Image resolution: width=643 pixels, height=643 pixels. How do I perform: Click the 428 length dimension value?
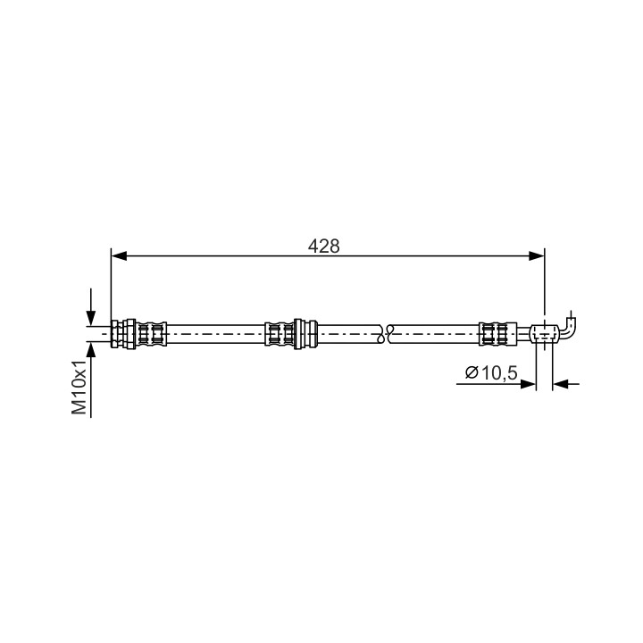click(323, 246)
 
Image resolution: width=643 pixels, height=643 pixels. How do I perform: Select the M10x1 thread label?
click(79, 388)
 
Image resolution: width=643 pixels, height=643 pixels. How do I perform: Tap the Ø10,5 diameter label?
click(491, 372)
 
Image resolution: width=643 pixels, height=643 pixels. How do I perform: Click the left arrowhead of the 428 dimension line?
click(120, 256)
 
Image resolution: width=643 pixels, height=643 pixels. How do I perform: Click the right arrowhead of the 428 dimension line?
click(537, 256)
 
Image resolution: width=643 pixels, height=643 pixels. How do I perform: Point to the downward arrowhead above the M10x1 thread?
click(90, 318)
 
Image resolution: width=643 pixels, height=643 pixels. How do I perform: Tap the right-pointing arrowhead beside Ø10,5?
click(528, 384)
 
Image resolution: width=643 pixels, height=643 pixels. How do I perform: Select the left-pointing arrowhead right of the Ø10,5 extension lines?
click(560, 384)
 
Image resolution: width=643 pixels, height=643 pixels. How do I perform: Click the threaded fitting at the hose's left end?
click(123, 334)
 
